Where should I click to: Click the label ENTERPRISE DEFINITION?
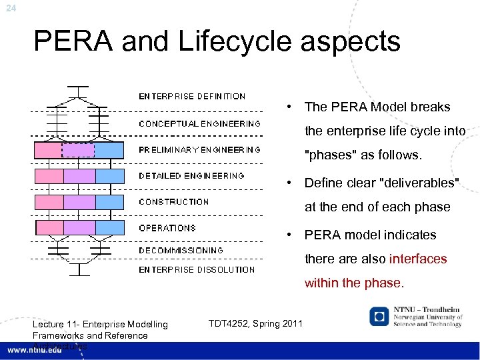[x=192, y=97]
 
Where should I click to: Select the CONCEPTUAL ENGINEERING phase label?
[x=199, y=124]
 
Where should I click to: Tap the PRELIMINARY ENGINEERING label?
[x=199, y=150]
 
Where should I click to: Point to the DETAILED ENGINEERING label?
[x=191, y=176]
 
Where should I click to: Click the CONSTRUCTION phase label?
[x=173, y=201]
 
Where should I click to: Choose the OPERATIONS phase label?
[x=167, y=228]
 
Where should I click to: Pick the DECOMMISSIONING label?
[x=181, y=251]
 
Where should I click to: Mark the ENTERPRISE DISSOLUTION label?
[x=197, y=270]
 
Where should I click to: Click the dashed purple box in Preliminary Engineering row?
[x=78, y=150]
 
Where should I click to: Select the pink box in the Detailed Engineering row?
[x=49, y=176]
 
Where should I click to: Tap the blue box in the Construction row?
[x=109, y=201]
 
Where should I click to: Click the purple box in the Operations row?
[x=79, y=227]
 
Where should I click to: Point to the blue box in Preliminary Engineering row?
[x=109, y=150]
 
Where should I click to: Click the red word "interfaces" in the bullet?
[x=418, y=259]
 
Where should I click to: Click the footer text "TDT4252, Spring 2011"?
[x=255, y=324]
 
